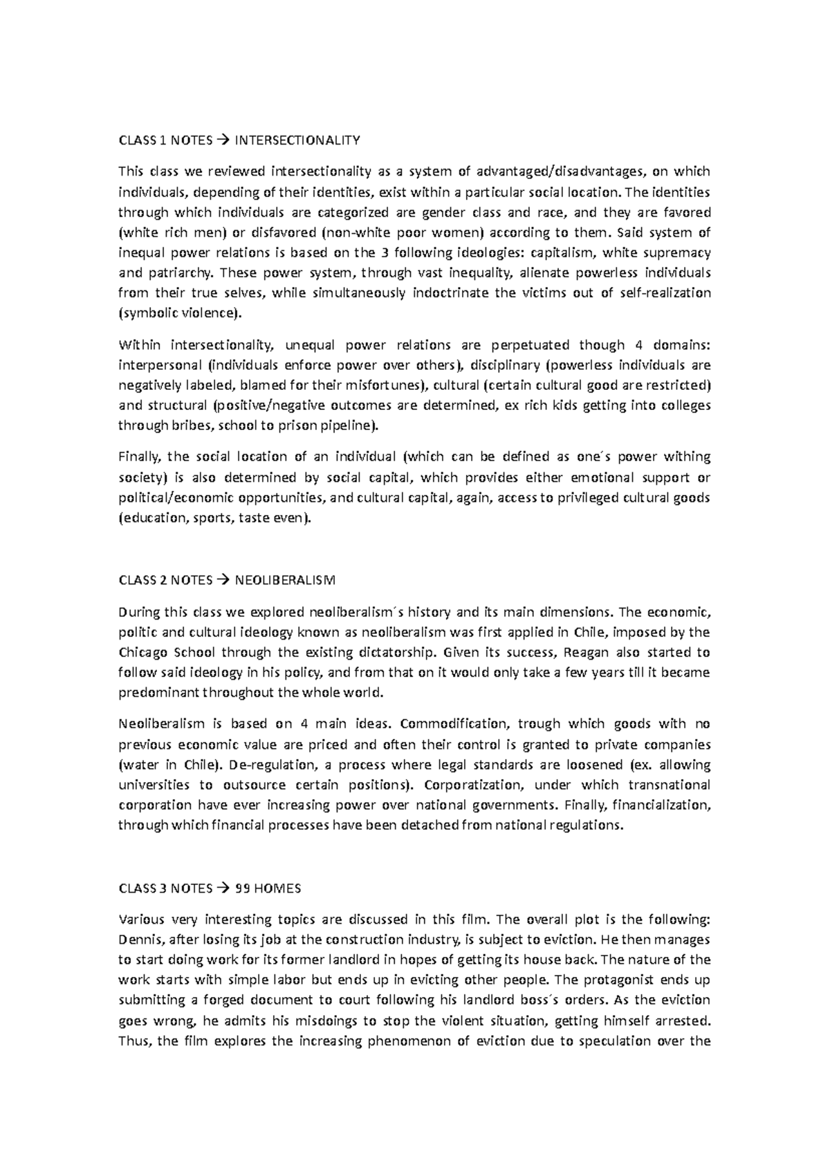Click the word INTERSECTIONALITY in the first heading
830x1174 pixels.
tap(297, 141)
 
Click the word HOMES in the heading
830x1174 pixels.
tap(279, 888)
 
